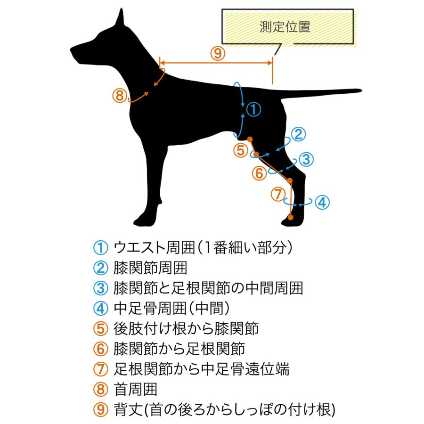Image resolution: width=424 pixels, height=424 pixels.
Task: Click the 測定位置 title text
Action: click(x=285, y=26)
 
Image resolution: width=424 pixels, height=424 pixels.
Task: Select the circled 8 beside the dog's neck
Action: click(x=120, y=96)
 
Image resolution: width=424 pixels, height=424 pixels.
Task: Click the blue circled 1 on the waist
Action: click(x=253, y=109)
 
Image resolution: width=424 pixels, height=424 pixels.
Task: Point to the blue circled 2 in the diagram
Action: click(x=298, y=135)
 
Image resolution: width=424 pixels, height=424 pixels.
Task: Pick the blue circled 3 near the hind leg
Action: click(x=306, y=160)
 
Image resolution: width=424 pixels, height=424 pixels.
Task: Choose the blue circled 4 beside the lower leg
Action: click(x=322, y=202)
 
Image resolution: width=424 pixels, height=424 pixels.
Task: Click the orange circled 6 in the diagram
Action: click(x=259, y=173)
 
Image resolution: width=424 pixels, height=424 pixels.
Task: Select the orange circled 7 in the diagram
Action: click(x=278, y=194)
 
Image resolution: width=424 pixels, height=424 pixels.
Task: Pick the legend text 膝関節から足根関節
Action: click(x=179, y=349)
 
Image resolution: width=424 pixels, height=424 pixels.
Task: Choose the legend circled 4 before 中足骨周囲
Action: click(x=101, y=309)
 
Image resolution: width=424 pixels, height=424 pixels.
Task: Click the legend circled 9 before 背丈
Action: click(x=101, y=409)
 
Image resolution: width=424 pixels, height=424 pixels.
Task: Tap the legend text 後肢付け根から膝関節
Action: click(x=186, y=328)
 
